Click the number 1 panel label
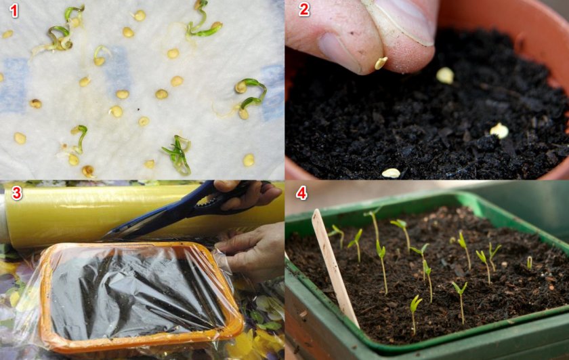point(14,11)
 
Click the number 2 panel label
point(304,9)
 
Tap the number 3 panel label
point(17,193)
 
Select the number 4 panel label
point(302,193)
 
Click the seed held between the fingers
point(381,63)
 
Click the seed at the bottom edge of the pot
point(391,174)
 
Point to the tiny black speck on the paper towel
point(138,108)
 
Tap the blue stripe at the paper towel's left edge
point(13,85)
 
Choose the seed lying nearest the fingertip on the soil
point(445,75)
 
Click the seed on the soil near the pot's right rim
point(499,131)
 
